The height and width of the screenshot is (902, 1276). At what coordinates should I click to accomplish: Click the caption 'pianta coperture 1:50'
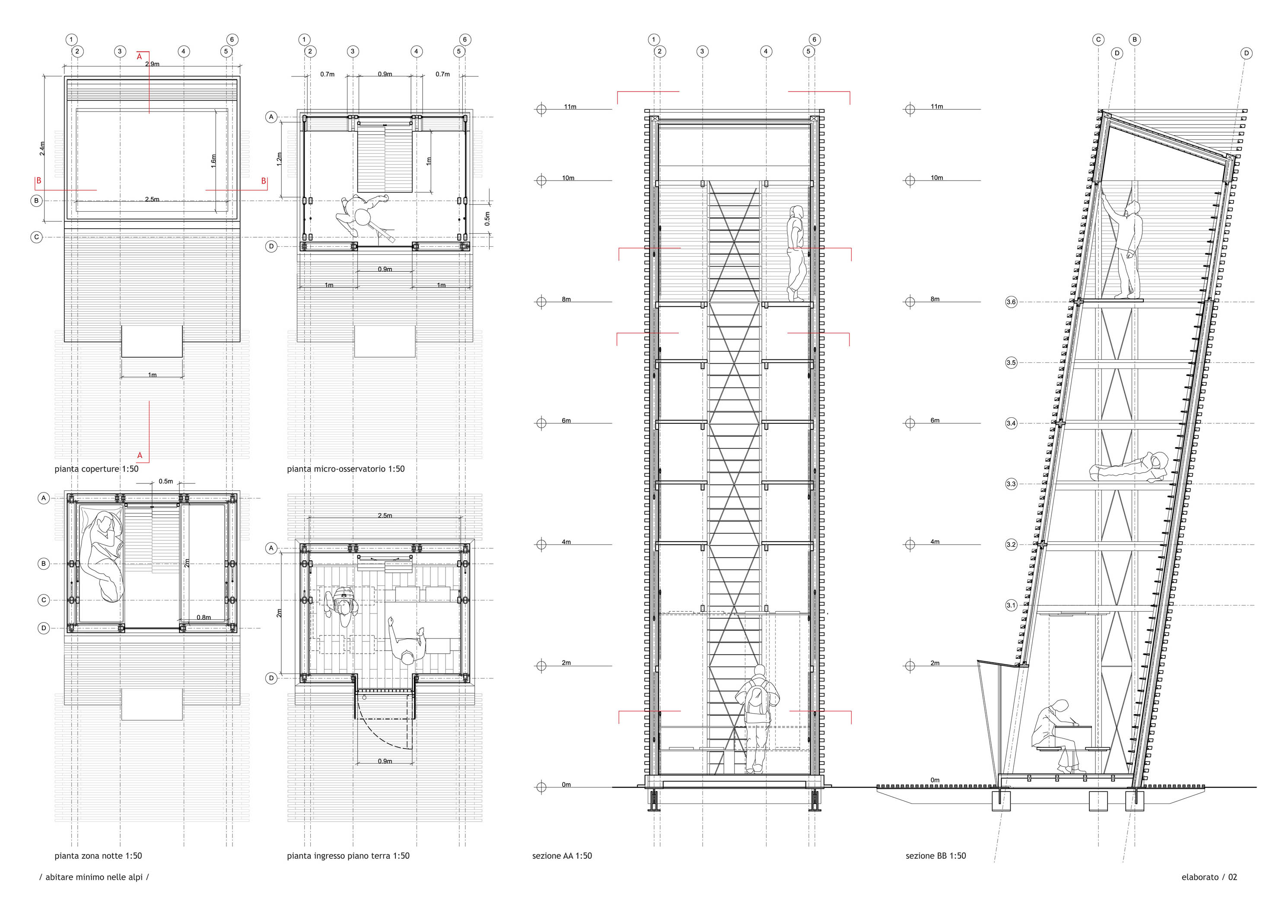pos(96,469)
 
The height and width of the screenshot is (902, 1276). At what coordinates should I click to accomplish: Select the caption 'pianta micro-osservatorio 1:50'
pos(346,469)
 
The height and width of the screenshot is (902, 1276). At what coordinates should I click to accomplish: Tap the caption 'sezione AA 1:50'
pos(562,856)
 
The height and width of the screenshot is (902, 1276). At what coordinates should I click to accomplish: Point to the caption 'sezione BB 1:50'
pos(936,856)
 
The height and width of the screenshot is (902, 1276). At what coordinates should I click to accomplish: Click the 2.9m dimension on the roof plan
pos(152,64)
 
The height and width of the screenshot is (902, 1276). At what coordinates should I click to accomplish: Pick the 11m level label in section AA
pos(570,107)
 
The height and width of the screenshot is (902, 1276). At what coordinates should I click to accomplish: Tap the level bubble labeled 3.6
pos(1011,302)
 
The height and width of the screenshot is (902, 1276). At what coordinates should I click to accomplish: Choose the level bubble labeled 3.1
pos(1011,606)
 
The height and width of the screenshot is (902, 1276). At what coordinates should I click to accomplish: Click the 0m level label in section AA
pos(566,785)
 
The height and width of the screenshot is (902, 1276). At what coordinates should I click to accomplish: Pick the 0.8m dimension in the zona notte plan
pos(204,617)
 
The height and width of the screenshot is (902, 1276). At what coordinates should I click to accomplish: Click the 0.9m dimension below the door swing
pos(385,761)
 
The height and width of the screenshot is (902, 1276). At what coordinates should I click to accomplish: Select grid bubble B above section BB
pos(1135,39)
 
